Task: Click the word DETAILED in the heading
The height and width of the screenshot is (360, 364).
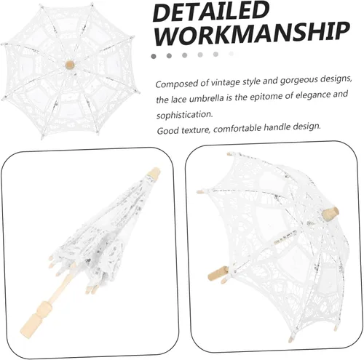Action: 211,12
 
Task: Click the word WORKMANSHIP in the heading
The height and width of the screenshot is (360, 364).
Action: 252,33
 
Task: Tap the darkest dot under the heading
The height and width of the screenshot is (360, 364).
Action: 154,56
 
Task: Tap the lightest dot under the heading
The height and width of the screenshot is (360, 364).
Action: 232,54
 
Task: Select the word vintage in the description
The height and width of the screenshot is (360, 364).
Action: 226,82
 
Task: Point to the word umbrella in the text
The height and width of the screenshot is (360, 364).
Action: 207,98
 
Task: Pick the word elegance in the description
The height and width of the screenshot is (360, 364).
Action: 313,95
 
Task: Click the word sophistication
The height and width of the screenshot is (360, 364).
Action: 184,115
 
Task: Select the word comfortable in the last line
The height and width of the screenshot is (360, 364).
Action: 237,129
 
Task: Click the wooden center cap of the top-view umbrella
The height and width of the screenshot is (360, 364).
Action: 70,65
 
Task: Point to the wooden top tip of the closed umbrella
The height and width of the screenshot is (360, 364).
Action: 154,173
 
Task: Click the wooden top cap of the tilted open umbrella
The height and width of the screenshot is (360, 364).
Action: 331,213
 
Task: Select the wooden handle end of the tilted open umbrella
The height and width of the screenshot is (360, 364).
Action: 218,273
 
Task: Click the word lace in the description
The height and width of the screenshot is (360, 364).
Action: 180,100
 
